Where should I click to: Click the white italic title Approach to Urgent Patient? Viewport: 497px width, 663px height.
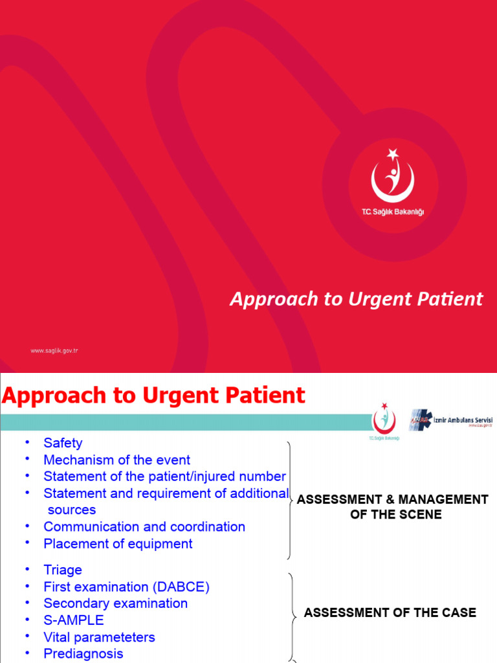click(357, 298)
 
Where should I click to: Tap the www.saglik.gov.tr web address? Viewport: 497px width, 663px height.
click(54, 350)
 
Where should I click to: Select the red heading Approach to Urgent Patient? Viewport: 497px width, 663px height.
click(153, 396)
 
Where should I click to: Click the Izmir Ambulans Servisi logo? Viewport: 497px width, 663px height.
click(451, 421)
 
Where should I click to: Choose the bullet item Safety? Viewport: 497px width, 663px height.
click(63, 443)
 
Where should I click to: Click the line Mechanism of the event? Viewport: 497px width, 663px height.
click(116, 460)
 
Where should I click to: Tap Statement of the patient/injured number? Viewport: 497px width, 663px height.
click(164, 477)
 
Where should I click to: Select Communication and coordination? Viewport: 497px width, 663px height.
click(144, 526)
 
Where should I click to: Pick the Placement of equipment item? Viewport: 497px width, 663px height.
click(118, 543)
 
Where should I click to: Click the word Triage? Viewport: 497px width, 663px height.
click(63, 570)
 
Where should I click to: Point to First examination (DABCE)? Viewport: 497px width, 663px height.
click(126, 587)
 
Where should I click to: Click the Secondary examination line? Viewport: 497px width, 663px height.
click(115, 603)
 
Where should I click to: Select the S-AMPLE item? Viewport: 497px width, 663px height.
click(73, 620)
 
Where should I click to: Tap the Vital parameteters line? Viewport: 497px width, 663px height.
click(99, 637)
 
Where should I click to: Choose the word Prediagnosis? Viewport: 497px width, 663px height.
click(83, 654)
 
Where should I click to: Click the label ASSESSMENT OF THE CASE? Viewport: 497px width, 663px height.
click(390, 612)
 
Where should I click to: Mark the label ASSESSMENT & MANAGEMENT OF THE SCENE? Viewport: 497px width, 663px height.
click(392, 507)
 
